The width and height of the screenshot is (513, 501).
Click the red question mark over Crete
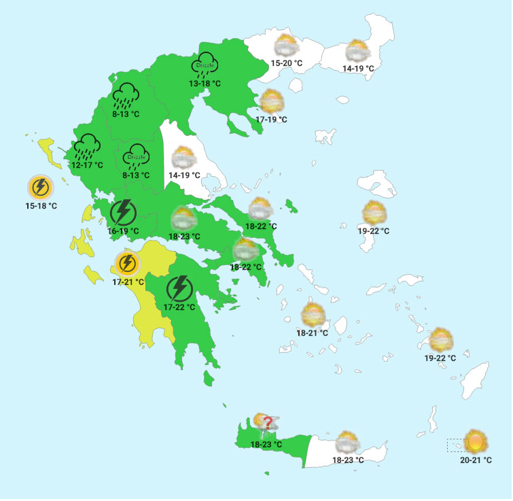268,424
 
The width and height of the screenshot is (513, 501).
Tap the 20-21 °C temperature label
476,460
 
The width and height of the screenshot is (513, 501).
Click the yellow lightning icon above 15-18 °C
40,186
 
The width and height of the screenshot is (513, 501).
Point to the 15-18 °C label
41,205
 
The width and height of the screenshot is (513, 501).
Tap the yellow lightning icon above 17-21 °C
127,263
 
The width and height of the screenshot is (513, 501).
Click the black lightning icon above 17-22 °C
179,288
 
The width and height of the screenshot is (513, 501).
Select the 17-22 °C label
179,307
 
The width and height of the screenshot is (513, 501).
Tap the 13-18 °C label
205,84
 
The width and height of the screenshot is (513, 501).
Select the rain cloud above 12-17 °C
88,145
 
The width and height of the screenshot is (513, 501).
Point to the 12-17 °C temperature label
87,165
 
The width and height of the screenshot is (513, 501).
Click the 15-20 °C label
287,63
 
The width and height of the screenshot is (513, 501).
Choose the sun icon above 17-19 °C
272,101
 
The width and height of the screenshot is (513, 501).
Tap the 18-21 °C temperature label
313,333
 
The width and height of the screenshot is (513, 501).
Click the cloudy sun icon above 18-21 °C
313,315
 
